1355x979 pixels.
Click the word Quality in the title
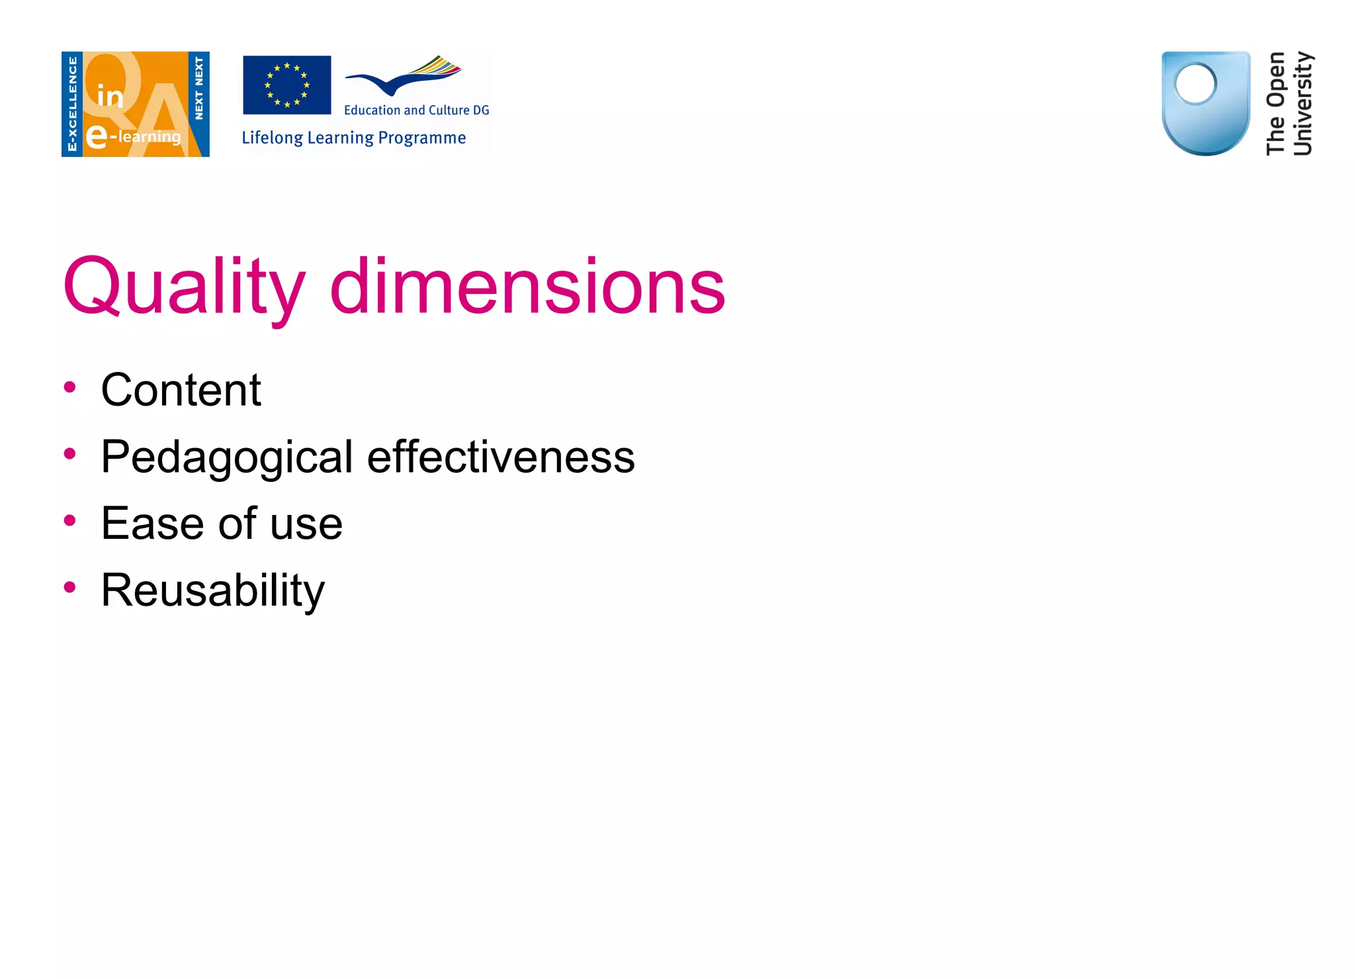[x=184, y=287]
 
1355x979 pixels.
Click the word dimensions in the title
[x=527, y=287]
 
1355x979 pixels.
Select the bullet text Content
[x=181, y=390]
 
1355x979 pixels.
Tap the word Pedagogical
[x=227, y=457]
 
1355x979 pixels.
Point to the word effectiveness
[x=501, y=457]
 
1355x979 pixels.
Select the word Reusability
[x=212, y=590]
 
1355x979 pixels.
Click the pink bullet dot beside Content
[x=69, y=387]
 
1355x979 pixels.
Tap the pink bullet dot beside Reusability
[x=69, y=587]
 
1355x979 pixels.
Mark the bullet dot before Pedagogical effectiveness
[x=69, y=453]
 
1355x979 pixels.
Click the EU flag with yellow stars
[x=286, y=85]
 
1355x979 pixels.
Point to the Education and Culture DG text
[x=416, y=111]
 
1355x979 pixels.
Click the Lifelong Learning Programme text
[x=353, y=138]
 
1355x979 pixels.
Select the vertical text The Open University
[x=1288, y=104]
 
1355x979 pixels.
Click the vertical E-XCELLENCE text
[x=72, y=104]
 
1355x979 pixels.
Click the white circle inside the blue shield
[x=1195, y=84]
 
